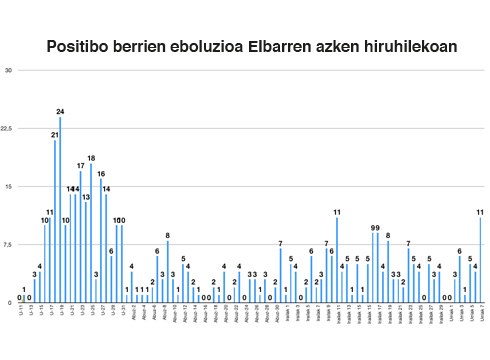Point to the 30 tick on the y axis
point(8,70)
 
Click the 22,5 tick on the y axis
point(7,128)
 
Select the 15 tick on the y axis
point(8,186)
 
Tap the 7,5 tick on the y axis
point(7,243)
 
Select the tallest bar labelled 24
point(60,209)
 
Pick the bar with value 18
point(91,232)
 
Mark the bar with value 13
point(86,251)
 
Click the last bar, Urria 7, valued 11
point(481,259)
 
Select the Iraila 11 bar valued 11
point(337,259)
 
